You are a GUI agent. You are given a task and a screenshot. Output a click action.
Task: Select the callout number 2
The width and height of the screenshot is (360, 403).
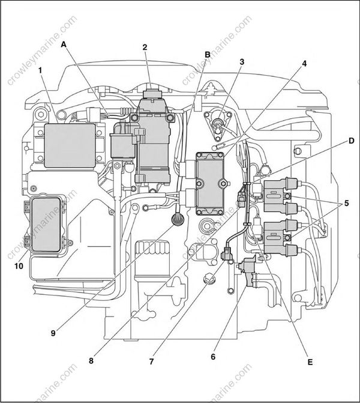(x=145, y=47)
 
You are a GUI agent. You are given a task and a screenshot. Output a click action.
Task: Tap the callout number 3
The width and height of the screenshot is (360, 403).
(x=242, y=62)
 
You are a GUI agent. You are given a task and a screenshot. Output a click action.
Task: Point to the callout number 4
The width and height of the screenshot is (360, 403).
(x=304, y=64)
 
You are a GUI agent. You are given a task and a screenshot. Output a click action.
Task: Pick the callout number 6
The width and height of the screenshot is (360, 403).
(x=212, y=357)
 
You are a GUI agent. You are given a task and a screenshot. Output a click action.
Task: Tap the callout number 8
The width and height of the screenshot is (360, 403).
(x=91, y=362)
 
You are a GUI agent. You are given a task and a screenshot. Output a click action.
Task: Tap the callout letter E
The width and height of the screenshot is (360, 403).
(x=310, y=362)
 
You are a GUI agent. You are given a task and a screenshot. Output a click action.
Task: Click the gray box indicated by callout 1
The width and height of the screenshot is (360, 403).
(x=70, y=145)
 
